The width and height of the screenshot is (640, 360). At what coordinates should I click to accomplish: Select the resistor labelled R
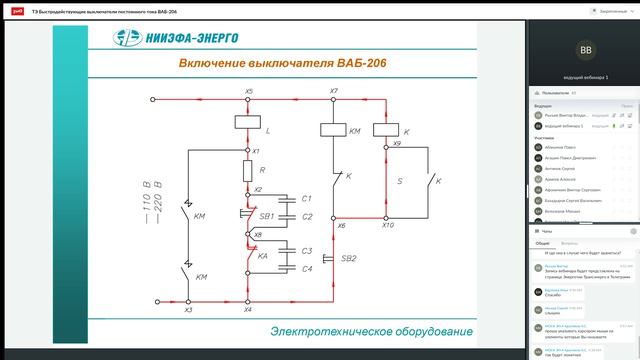click(248, 171)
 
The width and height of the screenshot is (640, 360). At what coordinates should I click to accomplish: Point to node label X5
click(249, 92)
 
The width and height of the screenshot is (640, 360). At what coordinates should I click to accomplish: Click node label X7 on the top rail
click(334, 92)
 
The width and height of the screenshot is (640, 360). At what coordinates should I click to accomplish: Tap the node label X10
click(388, 226)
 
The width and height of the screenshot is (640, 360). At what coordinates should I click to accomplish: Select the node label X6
click(341, 226)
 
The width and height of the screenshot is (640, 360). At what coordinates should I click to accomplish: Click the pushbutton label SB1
click(267, 215)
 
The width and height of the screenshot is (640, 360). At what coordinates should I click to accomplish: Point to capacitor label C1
click(308, 199)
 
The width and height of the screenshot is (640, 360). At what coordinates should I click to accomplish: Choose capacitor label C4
click(308, 268)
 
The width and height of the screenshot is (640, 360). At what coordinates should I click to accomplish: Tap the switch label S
click(400, 182)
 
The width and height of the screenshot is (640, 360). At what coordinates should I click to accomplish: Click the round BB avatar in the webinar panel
click(585, 48)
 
